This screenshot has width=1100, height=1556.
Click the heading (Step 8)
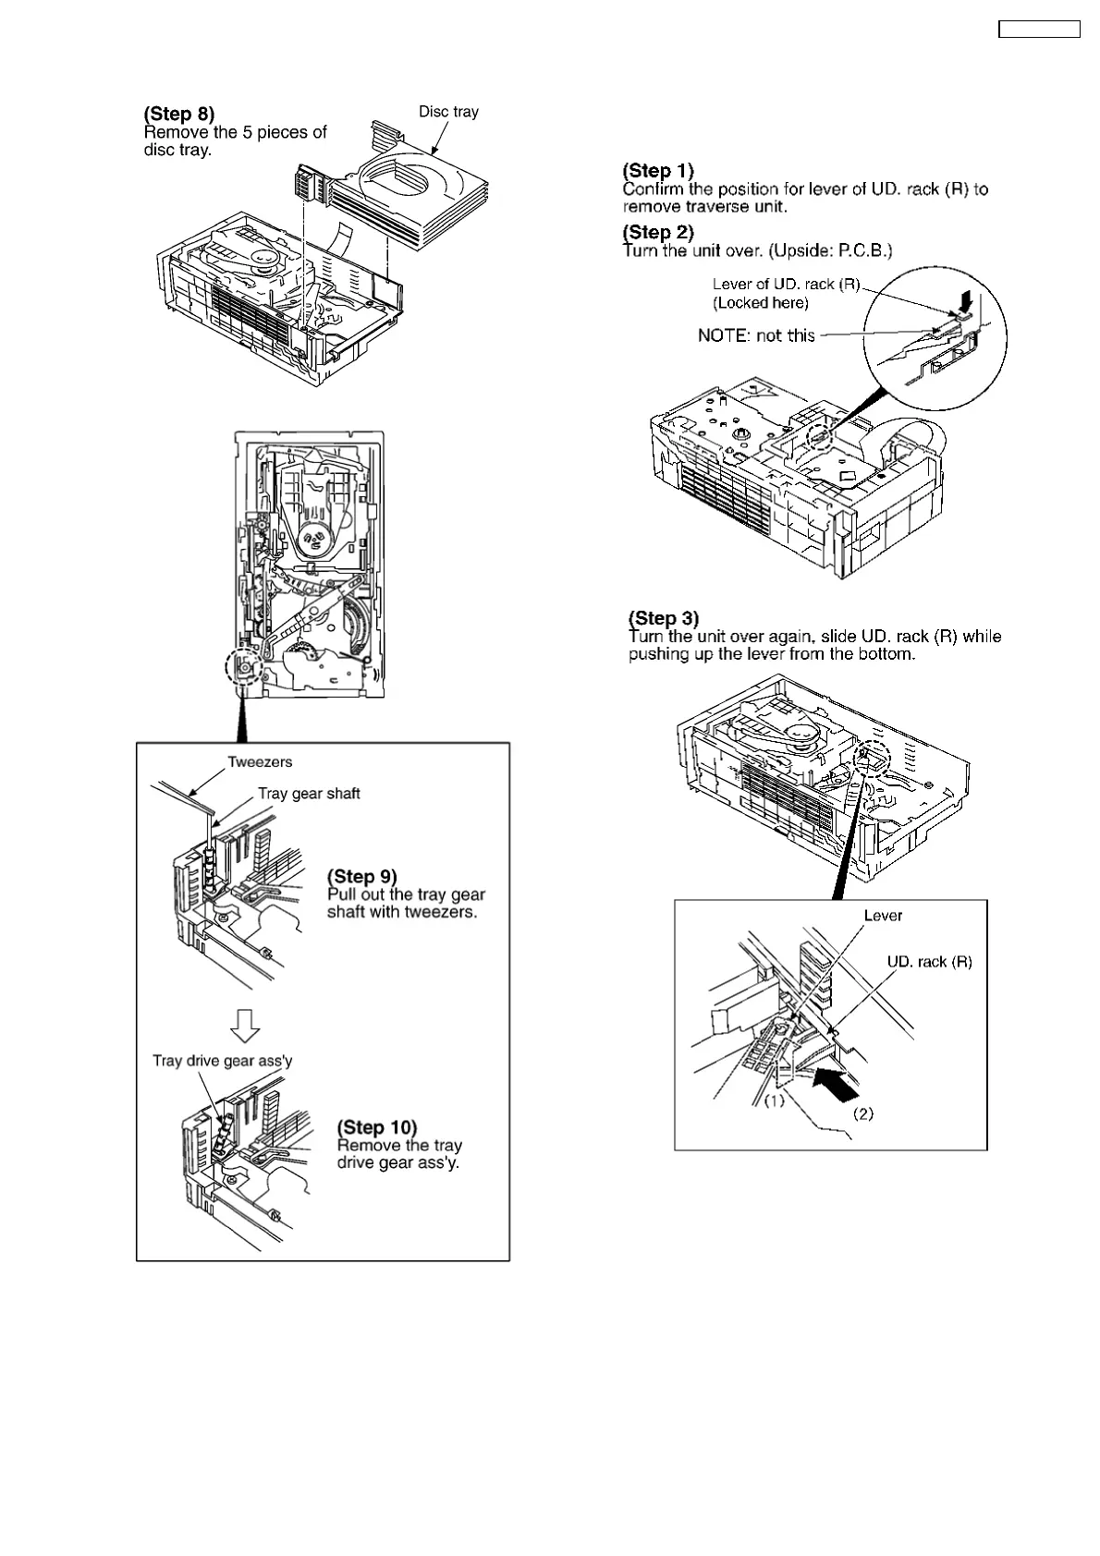pyautogui.click(x=178, y=114)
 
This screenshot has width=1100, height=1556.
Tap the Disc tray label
pyautogui.click(x=448, y=112)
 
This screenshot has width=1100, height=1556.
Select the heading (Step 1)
pyautogui.click(x=658, y=171)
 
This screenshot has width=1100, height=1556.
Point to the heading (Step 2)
pyautogui.click(x=658, y=232)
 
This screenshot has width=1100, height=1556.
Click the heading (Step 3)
pyautogui.click(x=664, y=618)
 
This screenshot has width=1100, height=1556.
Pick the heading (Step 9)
pyautogui.click(x=362, y=876)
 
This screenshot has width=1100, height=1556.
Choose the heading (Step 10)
pyautogui.click(x=376, y=1127)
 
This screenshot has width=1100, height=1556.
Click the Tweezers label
pyautogui.click(x=260, y=762)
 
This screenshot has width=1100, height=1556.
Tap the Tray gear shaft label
pyautogui.click(x=309, y=794)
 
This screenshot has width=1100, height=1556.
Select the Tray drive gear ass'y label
pyautogui.click(x=222, y=1061)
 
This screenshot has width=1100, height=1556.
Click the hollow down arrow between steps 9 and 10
pyautogui.click(x=245, y=1024)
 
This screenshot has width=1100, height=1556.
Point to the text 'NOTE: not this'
pyautogui.click(x=756, y=335)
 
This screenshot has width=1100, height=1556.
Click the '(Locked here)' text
pyautogui.click(x=760, y=303)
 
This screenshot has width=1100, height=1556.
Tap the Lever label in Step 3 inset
pyautogui.click(x=883, y=916)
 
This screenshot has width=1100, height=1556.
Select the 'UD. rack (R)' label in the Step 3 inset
pyautogui.click(x=929, y=962)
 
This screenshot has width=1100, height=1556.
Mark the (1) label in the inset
pyautogui.click(x=774, y=1100)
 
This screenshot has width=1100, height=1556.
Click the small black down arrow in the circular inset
pyautogui.click(x=967, y=301)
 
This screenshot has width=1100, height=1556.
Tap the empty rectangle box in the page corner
pyautogui.click(x=1038, y=29)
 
